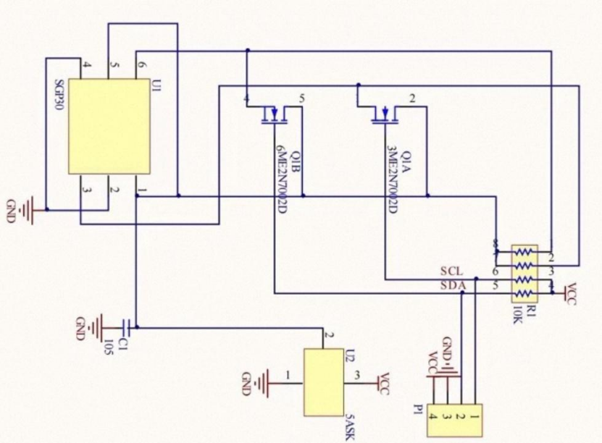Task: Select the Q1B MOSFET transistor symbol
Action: click(x=272, y=115)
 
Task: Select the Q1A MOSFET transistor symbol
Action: click(x=383, y=115)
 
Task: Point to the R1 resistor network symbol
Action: click(x=524, y=273)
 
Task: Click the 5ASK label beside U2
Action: click(x=351, y=425)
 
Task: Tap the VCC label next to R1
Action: click(x=571, y=293)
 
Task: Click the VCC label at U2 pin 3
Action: click(x=387, y=381)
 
